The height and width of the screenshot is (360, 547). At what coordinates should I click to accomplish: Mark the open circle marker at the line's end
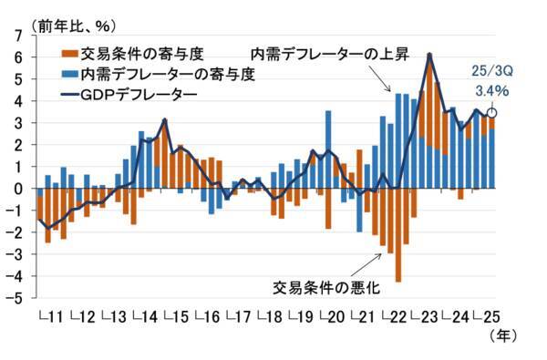pyautogui.click(x=493, y=114)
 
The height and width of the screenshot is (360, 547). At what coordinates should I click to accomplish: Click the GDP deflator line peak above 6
pyautogui.click(x=429, y=55)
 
